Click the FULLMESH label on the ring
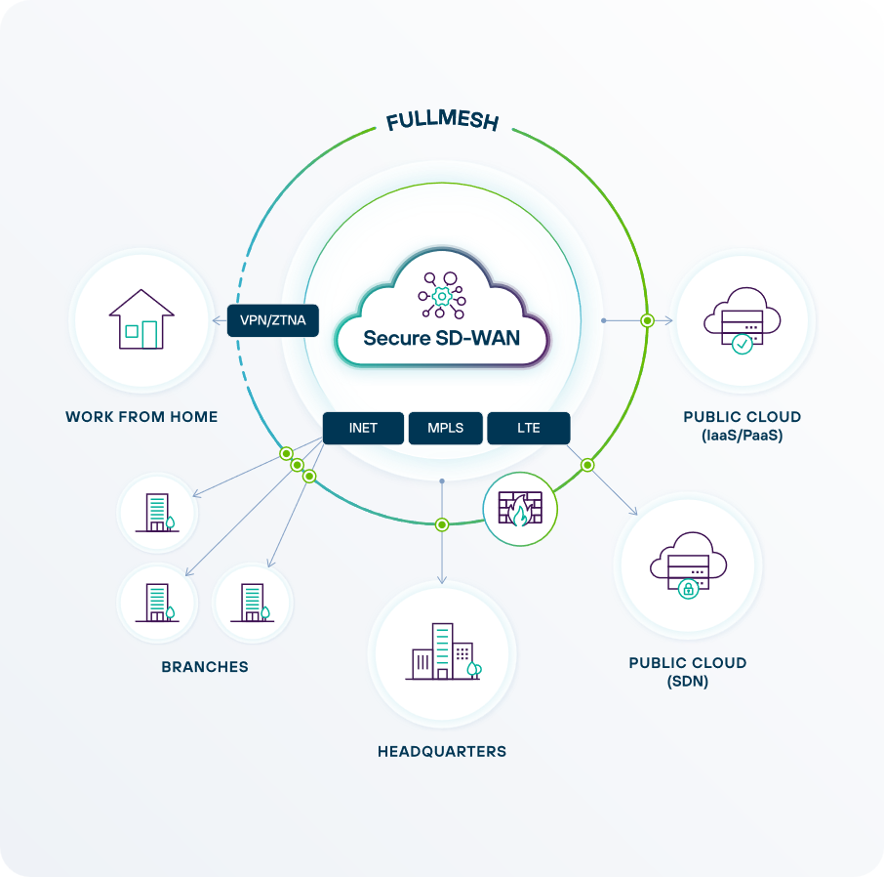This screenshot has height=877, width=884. pyautogui.click(x=442, y=122)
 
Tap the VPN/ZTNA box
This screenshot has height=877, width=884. pyautogui.click(x=273, y=320)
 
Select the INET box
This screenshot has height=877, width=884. pyautogui.click(x=363, y=428)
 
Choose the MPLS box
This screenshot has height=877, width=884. pyautogui.click(x=445, y=428)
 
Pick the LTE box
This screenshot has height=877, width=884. pyautogui.click(x=528, y=428)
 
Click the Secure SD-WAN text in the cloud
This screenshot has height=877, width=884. pyautogui.click(x=441, y=338)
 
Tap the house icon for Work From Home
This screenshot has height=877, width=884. pyautogui.click(x=141, y=319)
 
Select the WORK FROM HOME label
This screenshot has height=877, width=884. pyautogui.click(x=141, y=417)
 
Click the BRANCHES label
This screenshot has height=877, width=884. pyautogui.click(x=205, y=667)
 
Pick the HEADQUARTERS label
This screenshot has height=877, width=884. pyautogui.click(x=442, y=752)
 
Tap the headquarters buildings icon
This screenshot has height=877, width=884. pyautogui.click(x=443, y=651)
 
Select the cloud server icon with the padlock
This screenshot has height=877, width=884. pyautogui.click(x=688, y=566)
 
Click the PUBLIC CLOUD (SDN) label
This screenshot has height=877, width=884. pyautogui.click(x=688, y=672)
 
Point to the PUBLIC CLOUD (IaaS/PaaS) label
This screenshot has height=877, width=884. pyautogui.click(x=743, y=427)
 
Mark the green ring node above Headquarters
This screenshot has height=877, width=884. pyautogui.click(x=442, y=524)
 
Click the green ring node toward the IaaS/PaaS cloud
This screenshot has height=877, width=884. pyautogui.click(x=647, y=319)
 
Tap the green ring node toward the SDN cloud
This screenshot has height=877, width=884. pyautogui.click(x=587, y=465)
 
